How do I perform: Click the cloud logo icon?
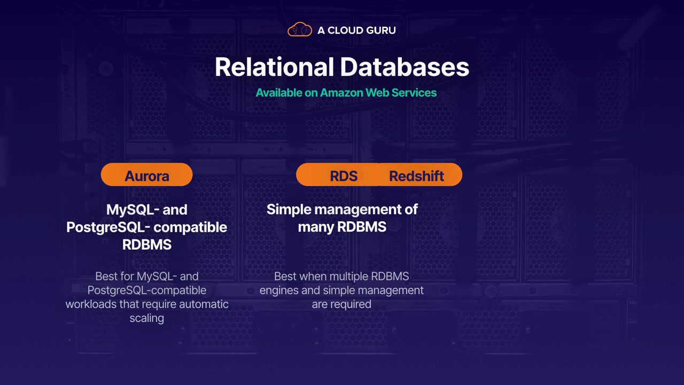300,29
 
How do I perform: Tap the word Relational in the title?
274,67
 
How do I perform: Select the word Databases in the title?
405,67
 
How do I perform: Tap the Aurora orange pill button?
146,174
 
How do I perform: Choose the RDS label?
344,176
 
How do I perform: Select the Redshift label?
416,176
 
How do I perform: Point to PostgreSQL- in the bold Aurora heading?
108,227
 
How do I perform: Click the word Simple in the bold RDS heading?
289,210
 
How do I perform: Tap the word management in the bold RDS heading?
358,210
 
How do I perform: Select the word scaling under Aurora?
147,318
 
